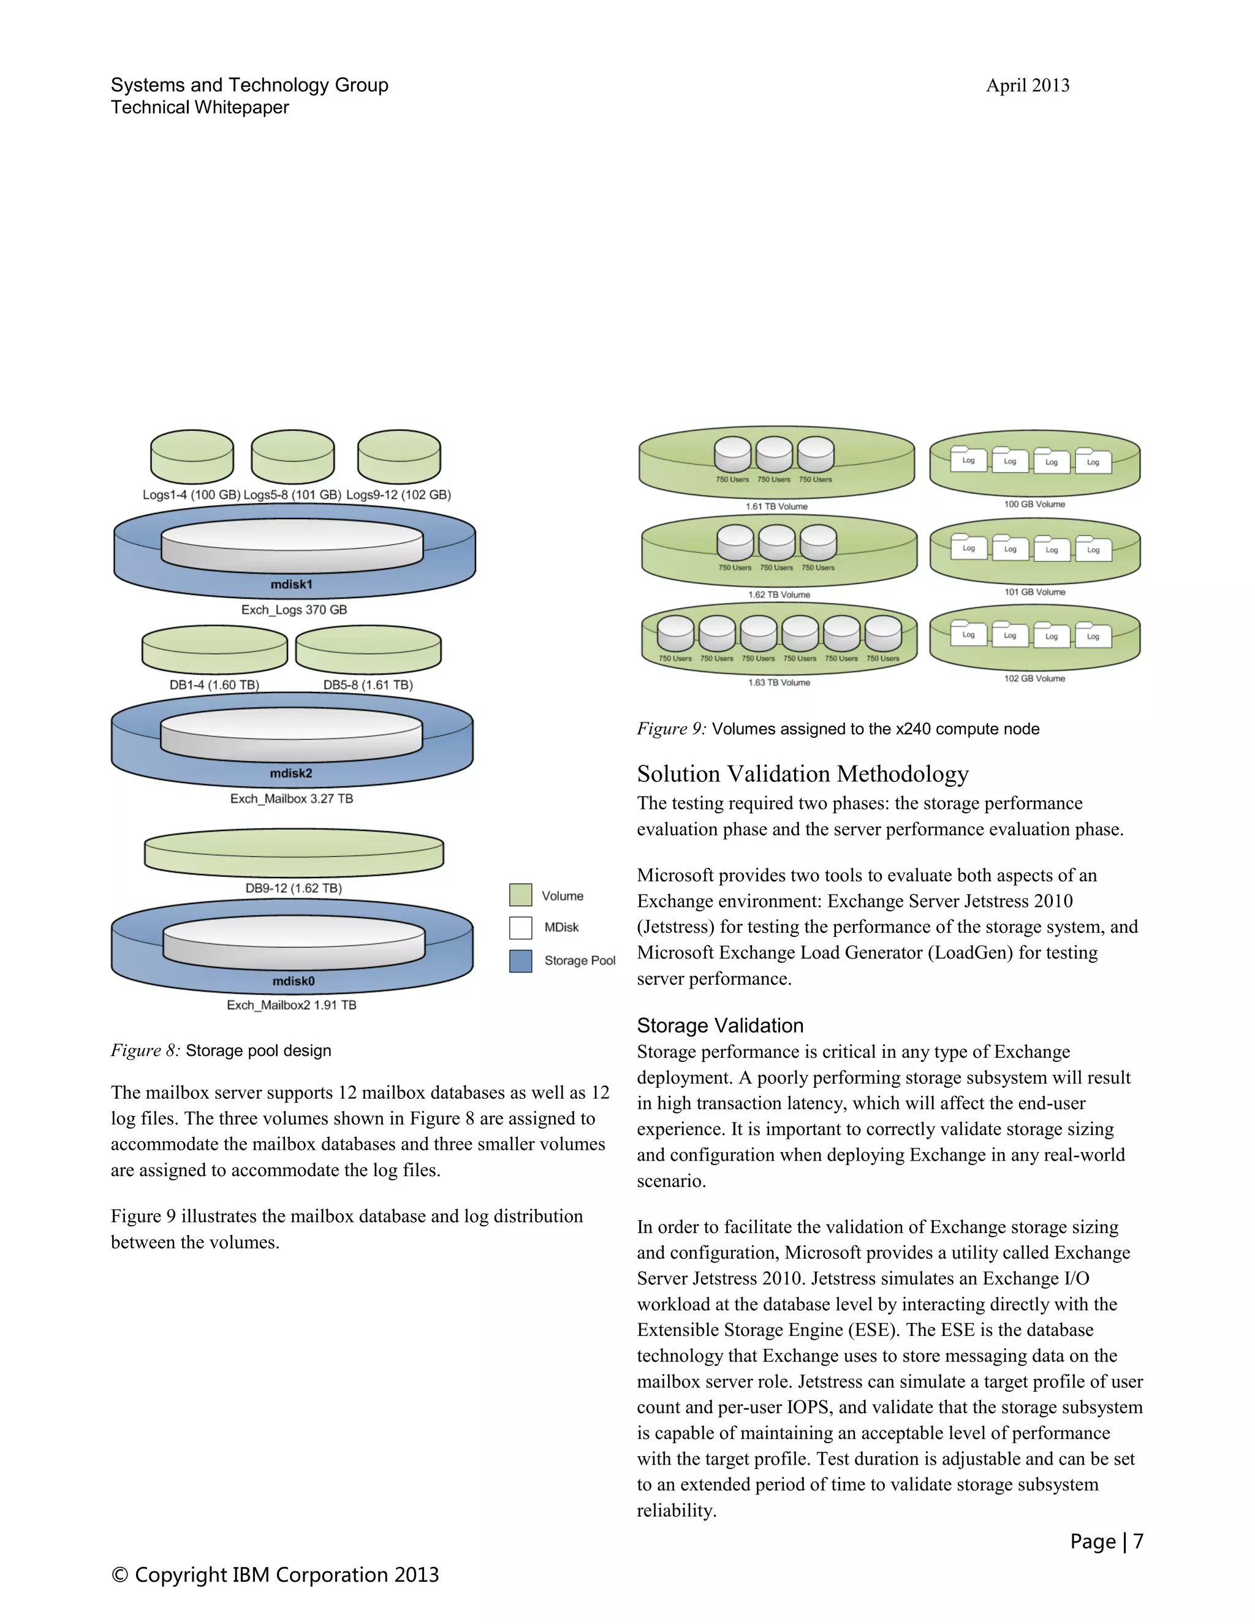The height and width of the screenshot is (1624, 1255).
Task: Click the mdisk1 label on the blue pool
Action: click(292, 585)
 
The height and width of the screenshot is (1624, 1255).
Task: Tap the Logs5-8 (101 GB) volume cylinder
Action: click(292, 457)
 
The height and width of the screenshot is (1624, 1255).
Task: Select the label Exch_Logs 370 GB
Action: click(294, 610)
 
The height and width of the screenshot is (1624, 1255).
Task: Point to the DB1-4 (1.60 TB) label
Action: click(214, 685)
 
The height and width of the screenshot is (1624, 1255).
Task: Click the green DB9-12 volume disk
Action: click(294, 853)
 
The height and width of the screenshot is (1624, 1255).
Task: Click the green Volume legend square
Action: click(520, 895)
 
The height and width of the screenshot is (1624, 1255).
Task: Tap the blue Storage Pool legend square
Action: click(520, 961)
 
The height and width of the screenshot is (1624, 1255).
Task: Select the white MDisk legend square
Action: click(520, 927)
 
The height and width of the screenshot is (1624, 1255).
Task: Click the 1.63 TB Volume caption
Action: click(778, 683)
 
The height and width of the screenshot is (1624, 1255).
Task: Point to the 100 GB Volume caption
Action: click(1034, 504)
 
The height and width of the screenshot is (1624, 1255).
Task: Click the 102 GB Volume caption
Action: click(1034, 679)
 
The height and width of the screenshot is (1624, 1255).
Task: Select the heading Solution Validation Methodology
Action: click(802, 774)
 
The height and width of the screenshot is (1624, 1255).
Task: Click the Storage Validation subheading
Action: click(719, 1025)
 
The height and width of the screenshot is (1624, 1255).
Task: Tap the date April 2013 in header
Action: click(1028, 86)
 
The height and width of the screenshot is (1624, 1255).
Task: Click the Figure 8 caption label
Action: click(145, 1050)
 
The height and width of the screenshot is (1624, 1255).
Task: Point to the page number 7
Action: click(1137, 1541)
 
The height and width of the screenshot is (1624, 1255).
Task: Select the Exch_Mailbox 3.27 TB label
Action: click(292, 799)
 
